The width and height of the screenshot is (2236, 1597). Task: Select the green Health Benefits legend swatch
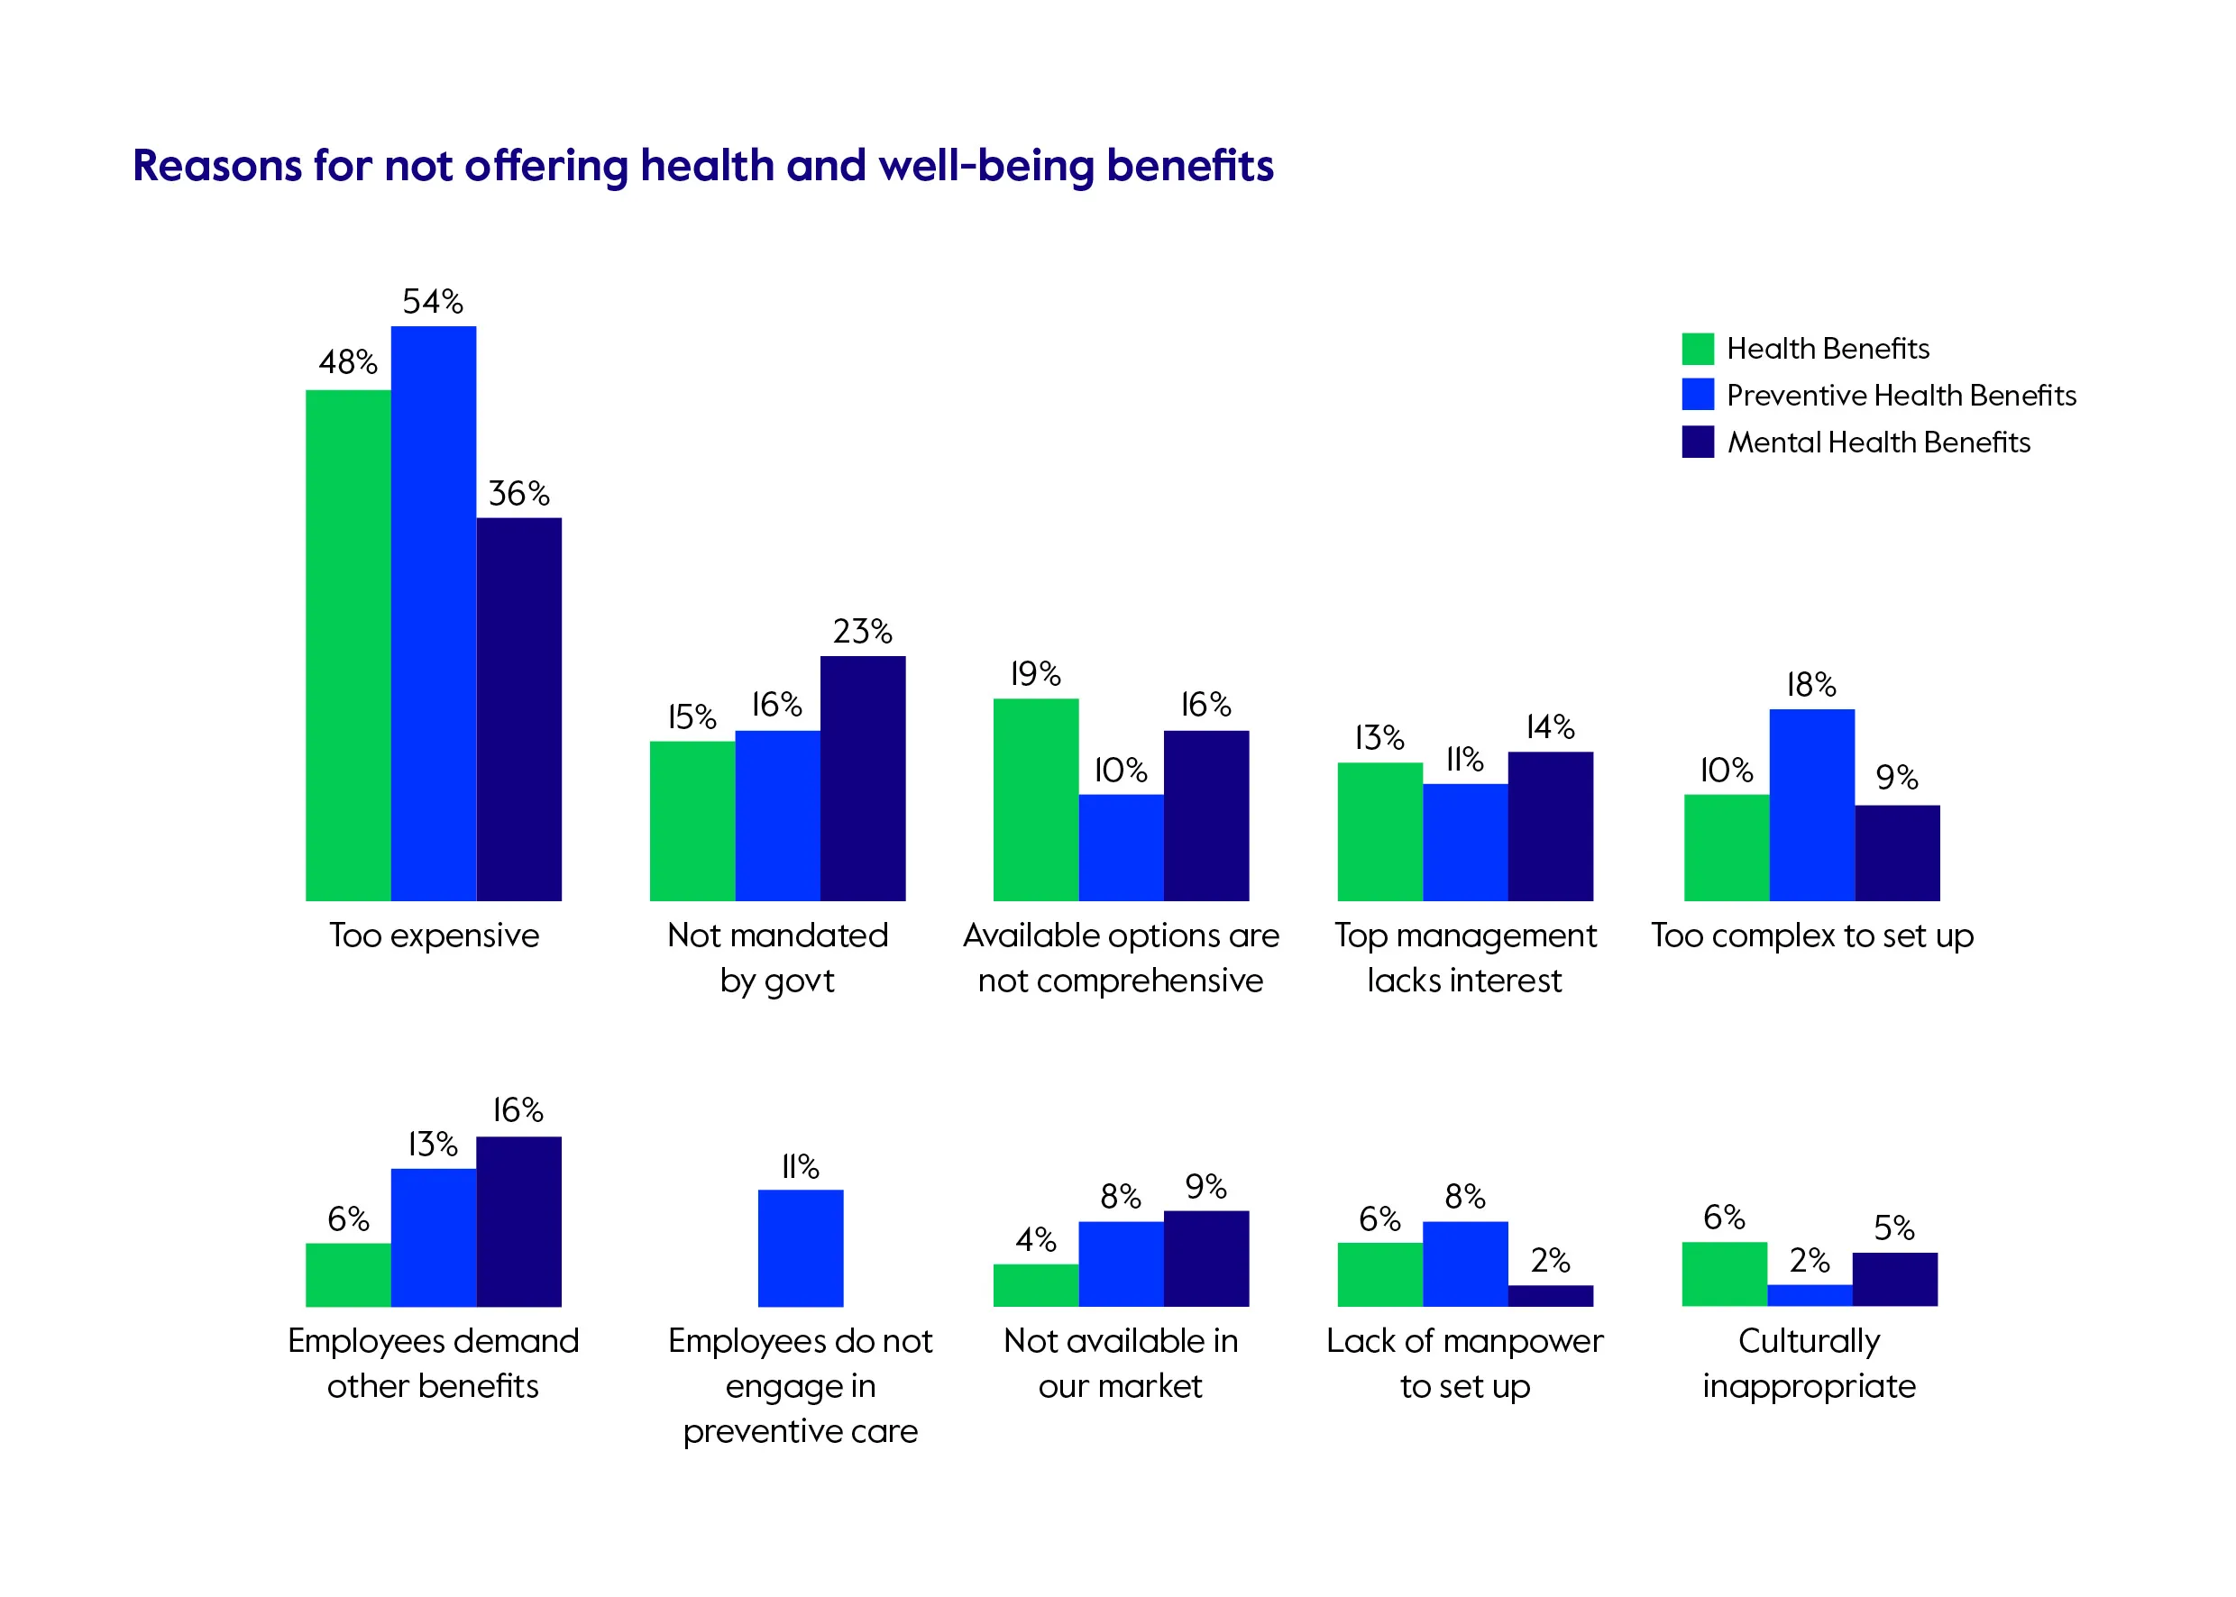pyautogui.click(x=1697, y=348)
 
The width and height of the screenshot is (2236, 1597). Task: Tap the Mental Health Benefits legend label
pyautogui.click(x=1878, y=443)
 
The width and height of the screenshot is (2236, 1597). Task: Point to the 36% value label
pyautogui.click(x=518, y=493)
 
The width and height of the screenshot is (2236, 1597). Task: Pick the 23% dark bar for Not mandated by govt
pyautogui.click(x=863, y=778)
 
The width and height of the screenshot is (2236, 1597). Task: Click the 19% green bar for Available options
pyautogui.click(x=1035, y=799)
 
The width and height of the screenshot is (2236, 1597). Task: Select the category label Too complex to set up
pyautogui.click(x=1811, y=935)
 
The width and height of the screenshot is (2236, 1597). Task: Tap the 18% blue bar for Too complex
pyautogui.click(x=1811, y=805)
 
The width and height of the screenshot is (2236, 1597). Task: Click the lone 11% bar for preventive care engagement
pyautogui.click(x=800, y=1248)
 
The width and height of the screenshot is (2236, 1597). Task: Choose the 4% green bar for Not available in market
pyautogui.click(x=1035, y=1285)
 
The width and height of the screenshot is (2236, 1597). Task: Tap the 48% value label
pyautogui.click(x=347, y=362)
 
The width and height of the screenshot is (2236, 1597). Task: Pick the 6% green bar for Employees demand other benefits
pyautogui.click(x=347, y=1274)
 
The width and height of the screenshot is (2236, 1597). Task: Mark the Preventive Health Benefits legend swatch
pyautogui.click(x=1697, y=395)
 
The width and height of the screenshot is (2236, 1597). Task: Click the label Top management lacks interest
pyautogui.click(x=1465, y=957)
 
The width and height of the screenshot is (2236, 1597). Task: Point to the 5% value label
pyautogui.click(x=1893, y=1227)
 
